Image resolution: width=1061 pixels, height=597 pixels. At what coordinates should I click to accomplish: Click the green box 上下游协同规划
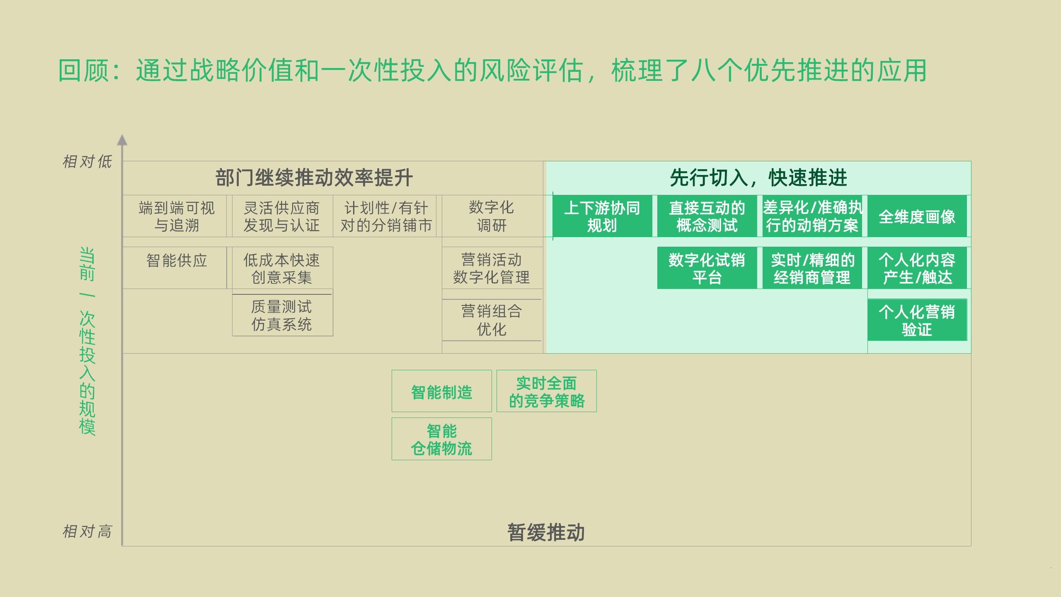(x=602, y=216)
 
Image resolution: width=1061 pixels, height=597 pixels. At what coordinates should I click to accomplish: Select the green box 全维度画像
(x=917, y=216)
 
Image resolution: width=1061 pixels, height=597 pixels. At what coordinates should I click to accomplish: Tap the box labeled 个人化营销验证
(x=917, y=320)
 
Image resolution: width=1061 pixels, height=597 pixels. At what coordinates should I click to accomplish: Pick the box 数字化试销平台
(x=707, y=268)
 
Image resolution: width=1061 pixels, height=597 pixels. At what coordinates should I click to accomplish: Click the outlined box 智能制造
(x=441, y=391)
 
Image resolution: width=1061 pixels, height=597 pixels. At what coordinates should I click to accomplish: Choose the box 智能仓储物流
(x=441, y=439)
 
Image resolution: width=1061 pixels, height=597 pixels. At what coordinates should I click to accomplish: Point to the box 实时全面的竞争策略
(x=546, y=391)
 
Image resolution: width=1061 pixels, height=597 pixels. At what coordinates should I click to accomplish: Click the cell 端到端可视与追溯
(x=177, y=216)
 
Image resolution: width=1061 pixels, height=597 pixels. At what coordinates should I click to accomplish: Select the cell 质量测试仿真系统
(x=282, y=315)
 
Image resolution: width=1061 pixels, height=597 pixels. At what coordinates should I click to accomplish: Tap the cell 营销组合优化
(x=492, y=320)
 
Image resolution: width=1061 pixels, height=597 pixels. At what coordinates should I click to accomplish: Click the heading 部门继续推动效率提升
(x=314, y=178)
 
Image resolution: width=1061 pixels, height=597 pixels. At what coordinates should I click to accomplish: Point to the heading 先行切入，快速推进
(x=758, y=178)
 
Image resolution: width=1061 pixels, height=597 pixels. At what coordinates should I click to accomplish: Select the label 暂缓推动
(x=546, y=532)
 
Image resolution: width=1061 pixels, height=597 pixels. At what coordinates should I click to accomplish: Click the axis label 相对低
(x=87, y=162)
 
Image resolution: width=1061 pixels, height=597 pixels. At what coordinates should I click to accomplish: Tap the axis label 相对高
(x=87, y=531)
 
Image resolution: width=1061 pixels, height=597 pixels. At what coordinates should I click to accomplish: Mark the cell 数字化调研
(x=492, y=216)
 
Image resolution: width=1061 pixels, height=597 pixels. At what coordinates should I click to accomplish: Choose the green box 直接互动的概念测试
(x=707, y=216)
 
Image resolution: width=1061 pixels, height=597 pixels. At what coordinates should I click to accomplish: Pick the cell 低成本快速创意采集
(x=282, y=268)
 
